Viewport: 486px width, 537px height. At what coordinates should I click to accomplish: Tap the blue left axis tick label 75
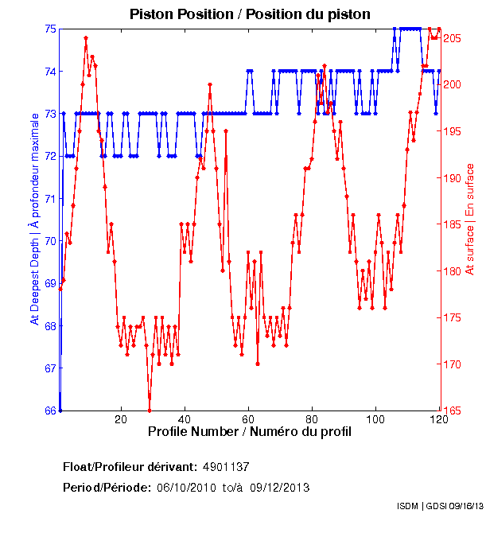pyautogui.click(x=49, y=29)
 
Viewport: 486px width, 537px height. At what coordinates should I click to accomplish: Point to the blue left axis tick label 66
pyautogui.click(x=49, y=411)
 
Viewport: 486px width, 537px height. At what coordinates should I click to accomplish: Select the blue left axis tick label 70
pyautogui.click(x=49, y=241)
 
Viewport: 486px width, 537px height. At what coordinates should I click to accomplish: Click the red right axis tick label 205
pyautogui.click(x=453, y=38)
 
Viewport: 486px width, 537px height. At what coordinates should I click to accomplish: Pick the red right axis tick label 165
pyautogui.click(x=453, y=411)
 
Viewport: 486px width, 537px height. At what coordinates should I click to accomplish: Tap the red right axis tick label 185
pyautogui.click(x=453, y=224)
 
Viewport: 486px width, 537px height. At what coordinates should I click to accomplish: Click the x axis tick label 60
pyautogui.click(x=248, y=420)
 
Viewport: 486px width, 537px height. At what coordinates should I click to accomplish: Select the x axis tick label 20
pyautogui.click(x=121, y=420)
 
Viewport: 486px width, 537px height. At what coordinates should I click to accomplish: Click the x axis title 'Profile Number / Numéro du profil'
pyautogui.click(x=249, y=432)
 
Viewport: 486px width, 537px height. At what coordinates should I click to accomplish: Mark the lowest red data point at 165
pyautogui.click(x=150, y=410)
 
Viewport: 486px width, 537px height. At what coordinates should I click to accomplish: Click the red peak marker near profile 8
pyautogui.click(x=86, y=38)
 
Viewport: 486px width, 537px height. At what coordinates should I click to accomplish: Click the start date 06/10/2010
pyautogui.click(x=185, y=487)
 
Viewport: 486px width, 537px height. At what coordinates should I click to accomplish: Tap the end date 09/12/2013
pyautogui.click(x=279, y=487)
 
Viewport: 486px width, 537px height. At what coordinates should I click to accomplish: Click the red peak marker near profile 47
pyautogui.click(x=210, y=84)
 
